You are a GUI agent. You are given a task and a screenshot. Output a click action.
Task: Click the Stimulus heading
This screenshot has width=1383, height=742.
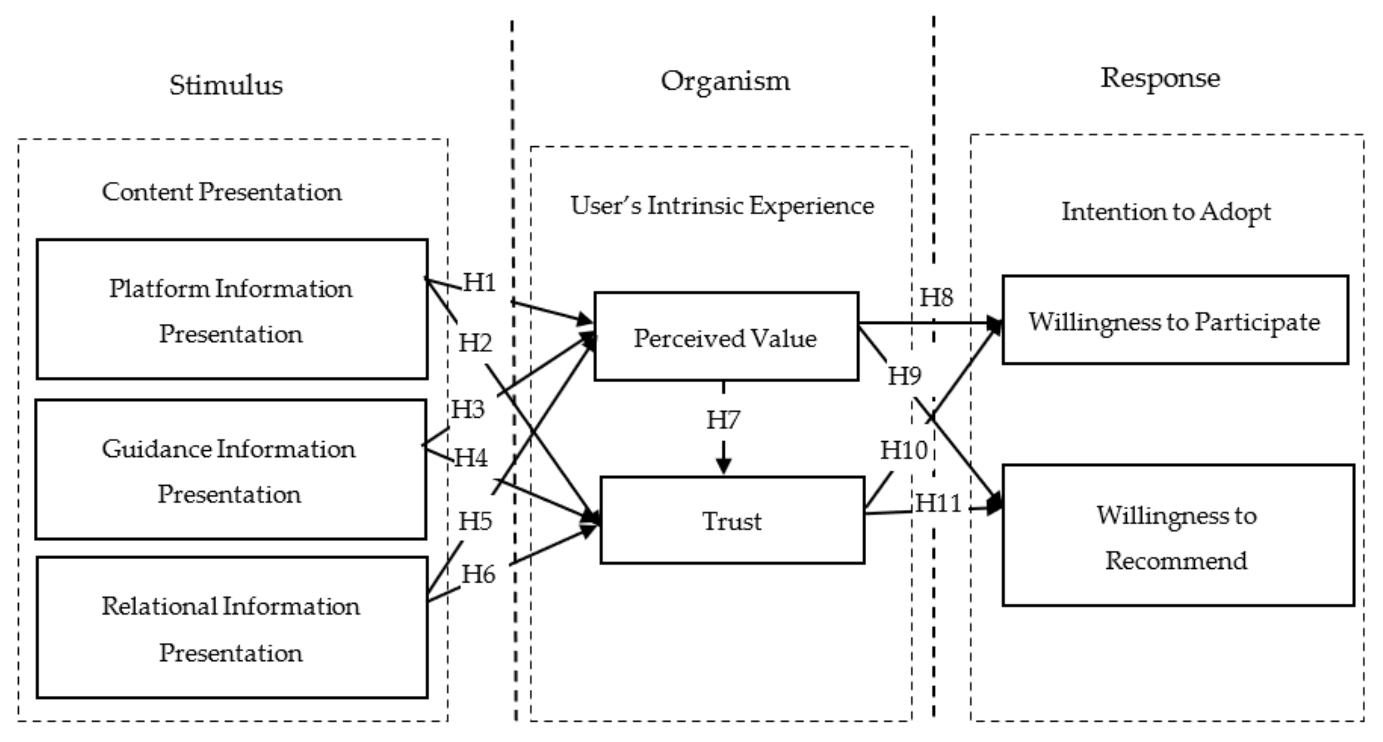point(226,85)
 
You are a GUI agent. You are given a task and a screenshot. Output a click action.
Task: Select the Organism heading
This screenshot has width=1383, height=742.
point(725,81)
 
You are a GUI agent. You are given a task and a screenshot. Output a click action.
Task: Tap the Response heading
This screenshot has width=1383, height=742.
point(1160,78)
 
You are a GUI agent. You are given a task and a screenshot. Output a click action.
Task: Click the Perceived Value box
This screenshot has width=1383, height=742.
point(726,337)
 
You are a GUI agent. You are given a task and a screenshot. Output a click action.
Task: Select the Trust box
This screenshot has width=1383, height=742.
point(732,520)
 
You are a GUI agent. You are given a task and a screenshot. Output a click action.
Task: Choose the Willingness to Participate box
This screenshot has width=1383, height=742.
point(1174,321)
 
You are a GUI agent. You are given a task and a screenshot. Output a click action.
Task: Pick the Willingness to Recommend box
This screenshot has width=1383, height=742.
point(1177,536)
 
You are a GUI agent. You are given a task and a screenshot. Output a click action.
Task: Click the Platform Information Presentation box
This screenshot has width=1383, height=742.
point(232,310)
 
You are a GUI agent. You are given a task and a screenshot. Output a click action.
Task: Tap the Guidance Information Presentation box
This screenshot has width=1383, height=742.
point(231,470)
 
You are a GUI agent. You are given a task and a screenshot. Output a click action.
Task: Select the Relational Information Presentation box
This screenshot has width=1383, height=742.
point(232,628)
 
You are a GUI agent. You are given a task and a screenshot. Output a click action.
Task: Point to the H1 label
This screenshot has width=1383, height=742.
point(479,282)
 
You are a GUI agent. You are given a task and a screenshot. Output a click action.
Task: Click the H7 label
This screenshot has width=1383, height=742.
point(723,420)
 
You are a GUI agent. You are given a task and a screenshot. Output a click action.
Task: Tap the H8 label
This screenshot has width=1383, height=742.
point(936,297)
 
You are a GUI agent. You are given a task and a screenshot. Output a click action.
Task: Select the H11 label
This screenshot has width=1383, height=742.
point(938,503)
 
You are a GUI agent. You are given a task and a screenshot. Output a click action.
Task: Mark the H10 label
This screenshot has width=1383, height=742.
point(904,450)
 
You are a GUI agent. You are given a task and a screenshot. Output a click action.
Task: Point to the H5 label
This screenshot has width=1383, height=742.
point(475,521)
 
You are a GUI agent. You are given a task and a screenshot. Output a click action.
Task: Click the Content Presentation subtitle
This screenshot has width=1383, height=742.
point(222,192)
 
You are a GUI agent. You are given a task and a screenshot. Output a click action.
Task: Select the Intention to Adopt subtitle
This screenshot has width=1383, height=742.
point(1166,211)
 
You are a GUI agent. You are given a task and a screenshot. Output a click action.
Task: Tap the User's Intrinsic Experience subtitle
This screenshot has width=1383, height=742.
point(722,205)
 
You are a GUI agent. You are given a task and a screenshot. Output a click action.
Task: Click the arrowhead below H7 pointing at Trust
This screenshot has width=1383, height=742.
point(724,465)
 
